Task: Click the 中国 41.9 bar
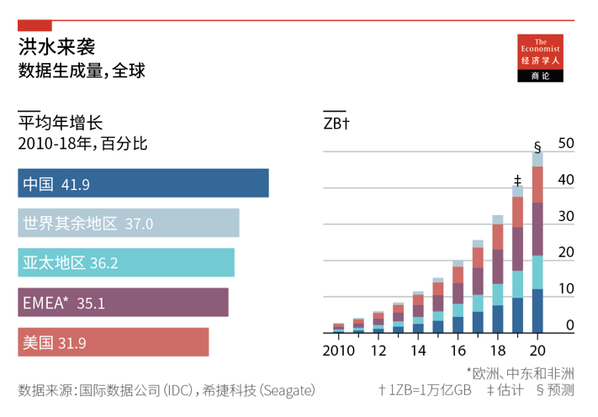coord(143,183)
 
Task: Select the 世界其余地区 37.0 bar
coord(128,223)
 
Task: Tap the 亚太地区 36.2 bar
coord(125,262)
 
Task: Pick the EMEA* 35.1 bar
coord(123,303)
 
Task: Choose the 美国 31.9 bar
coord(113,342)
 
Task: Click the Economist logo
coord(539,59)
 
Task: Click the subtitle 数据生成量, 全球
coord(82,71)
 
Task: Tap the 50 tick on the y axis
coord(565,144)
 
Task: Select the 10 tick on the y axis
coord(565,288)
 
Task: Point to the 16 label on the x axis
coord(458,350)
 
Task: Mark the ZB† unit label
coord(336,124)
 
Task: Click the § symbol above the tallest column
coord(537,142)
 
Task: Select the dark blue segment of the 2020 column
coord(537,311)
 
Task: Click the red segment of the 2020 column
coord(537,185)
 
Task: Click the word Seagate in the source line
coord(288,391)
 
